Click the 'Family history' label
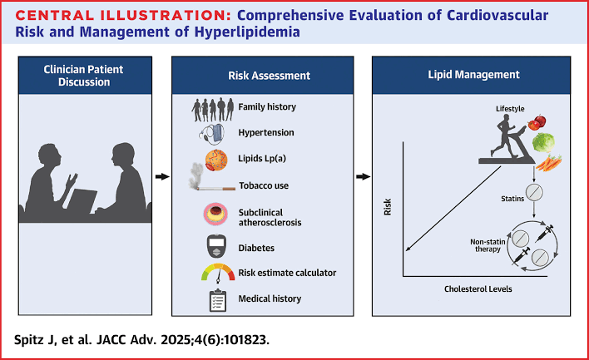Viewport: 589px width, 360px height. click(266, 107)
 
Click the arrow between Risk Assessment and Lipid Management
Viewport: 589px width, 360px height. click(363, 177)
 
